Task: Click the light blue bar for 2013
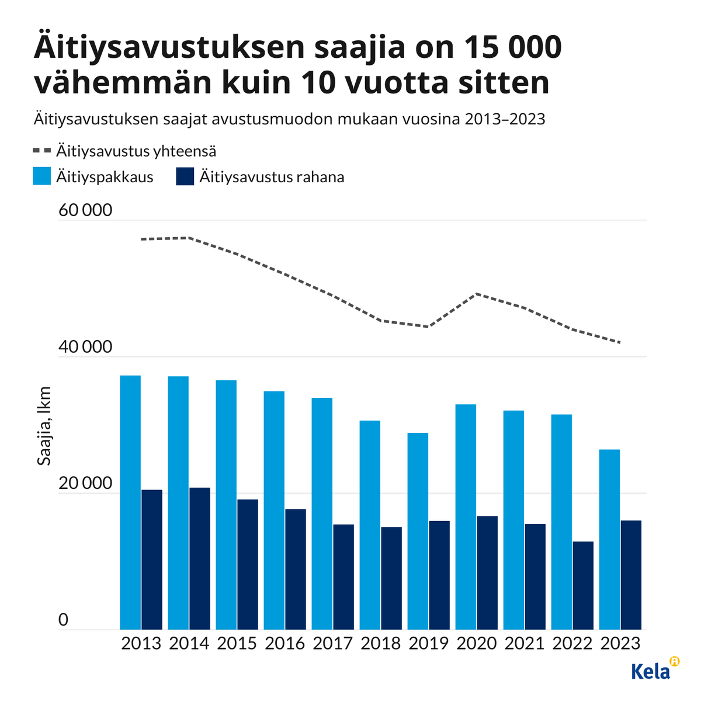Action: pyautogui.click(x=130, y=502)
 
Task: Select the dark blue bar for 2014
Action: pyautogui.click(x=200, y=558)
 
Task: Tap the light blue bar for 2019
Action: pyautogui.click(x=418, y=531)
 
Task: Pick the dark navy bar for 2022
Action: pyautogui.click(x=583, y=585)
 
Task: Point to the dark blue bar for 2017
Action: pyautogui.click(x=343, y=577)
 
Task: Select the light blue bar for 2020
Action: pyautogui.click(x=466, y=517)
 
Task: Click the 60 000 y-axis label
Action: pyautogui.click(x=85, y=210)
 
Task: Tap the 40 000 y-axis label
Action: pyautogui.click(x=85, y=347)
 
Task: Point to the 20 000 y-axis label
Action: pyautogui.click(x=85, y=484)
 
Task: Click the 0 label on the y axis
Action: pyautogui.click(x=64, y=620)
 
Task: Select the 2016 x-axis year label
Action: pyautogui.click(x=284, y=643)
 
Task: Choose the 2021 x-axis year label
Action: pyautogui.click(x=524, y=643)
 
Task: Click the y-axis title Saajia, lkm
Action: pyautogui.click(x=44, y=426)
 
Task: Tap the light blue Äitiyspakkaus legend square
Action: pyautogui.click(x=42, y=176)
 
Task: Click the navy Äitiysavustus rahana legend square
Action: pyautogui.click(x=185, y=176)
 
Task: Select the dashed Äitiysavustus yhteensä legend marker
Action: pyautogui.click(x=42, y=151)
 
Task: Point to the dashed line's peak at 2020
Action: pyautogui.click(x=478, y=294)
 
